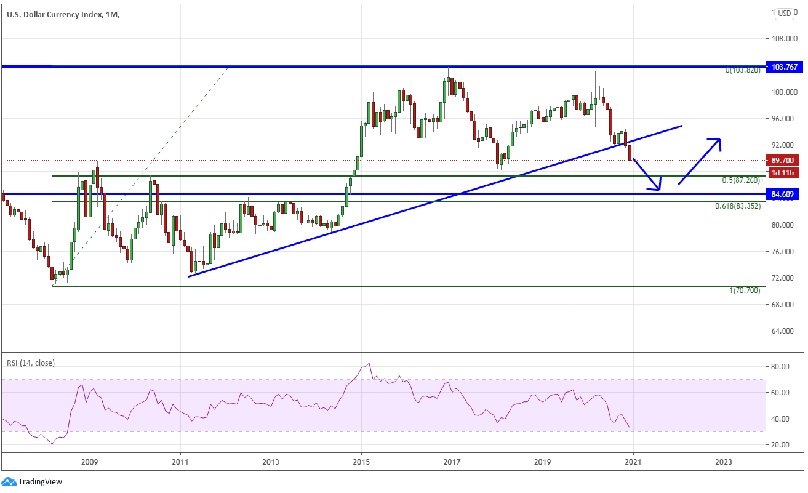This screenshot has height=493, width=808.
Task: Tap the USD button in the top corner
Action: [784, 13]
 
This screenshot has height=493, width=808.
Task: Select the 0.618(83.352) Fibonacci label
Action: [737, 206]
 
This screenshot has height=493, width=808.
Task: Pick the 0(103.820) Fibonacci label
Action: [743, 70]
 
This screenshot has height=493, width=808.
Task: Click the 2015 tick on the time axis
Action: [361, 462]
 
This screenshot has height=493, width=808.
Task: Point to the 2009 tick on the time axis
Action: [90, 462]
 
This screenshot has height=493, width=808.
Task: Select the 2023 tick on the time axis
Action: [724, 462]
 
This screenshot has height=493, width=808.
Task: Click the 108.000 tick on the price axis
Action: [785, 39]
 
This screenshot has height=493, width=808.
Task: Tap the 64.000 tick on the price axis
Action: [785, 331]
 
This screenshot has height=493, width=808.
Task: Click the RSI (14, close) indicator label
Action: [31, 363]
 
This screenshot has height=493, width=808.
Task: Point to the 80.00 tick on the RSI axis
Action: [780, 367]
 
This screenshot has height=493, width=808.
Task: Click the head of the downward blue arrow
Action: [658, 188]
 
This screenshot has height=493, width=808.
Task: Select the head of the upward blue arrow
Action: [718, 140]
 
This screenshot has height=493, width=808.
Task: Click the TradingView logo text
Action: [40, 482]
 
